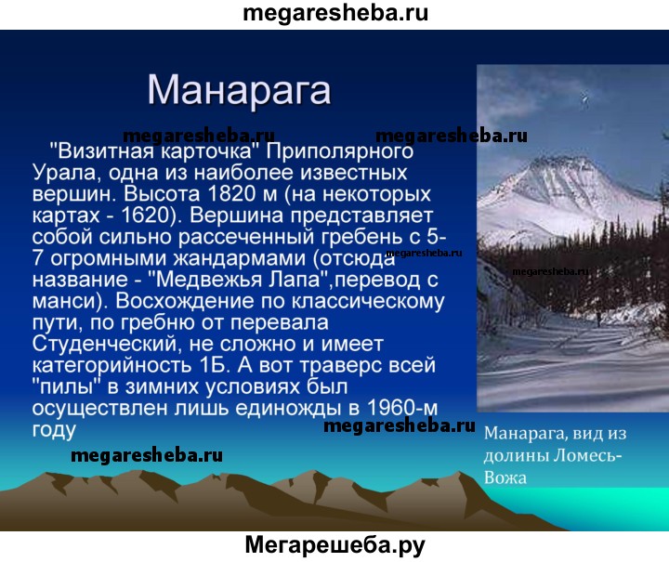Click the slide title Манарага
[x=239, y=90]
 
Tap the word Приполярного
[x=340, y=152]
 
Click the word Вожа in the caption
[x=505, y=478]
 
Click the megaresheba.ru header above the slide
[x=335, y=13]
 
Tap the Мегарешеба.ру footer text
[x=335, y=546]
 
